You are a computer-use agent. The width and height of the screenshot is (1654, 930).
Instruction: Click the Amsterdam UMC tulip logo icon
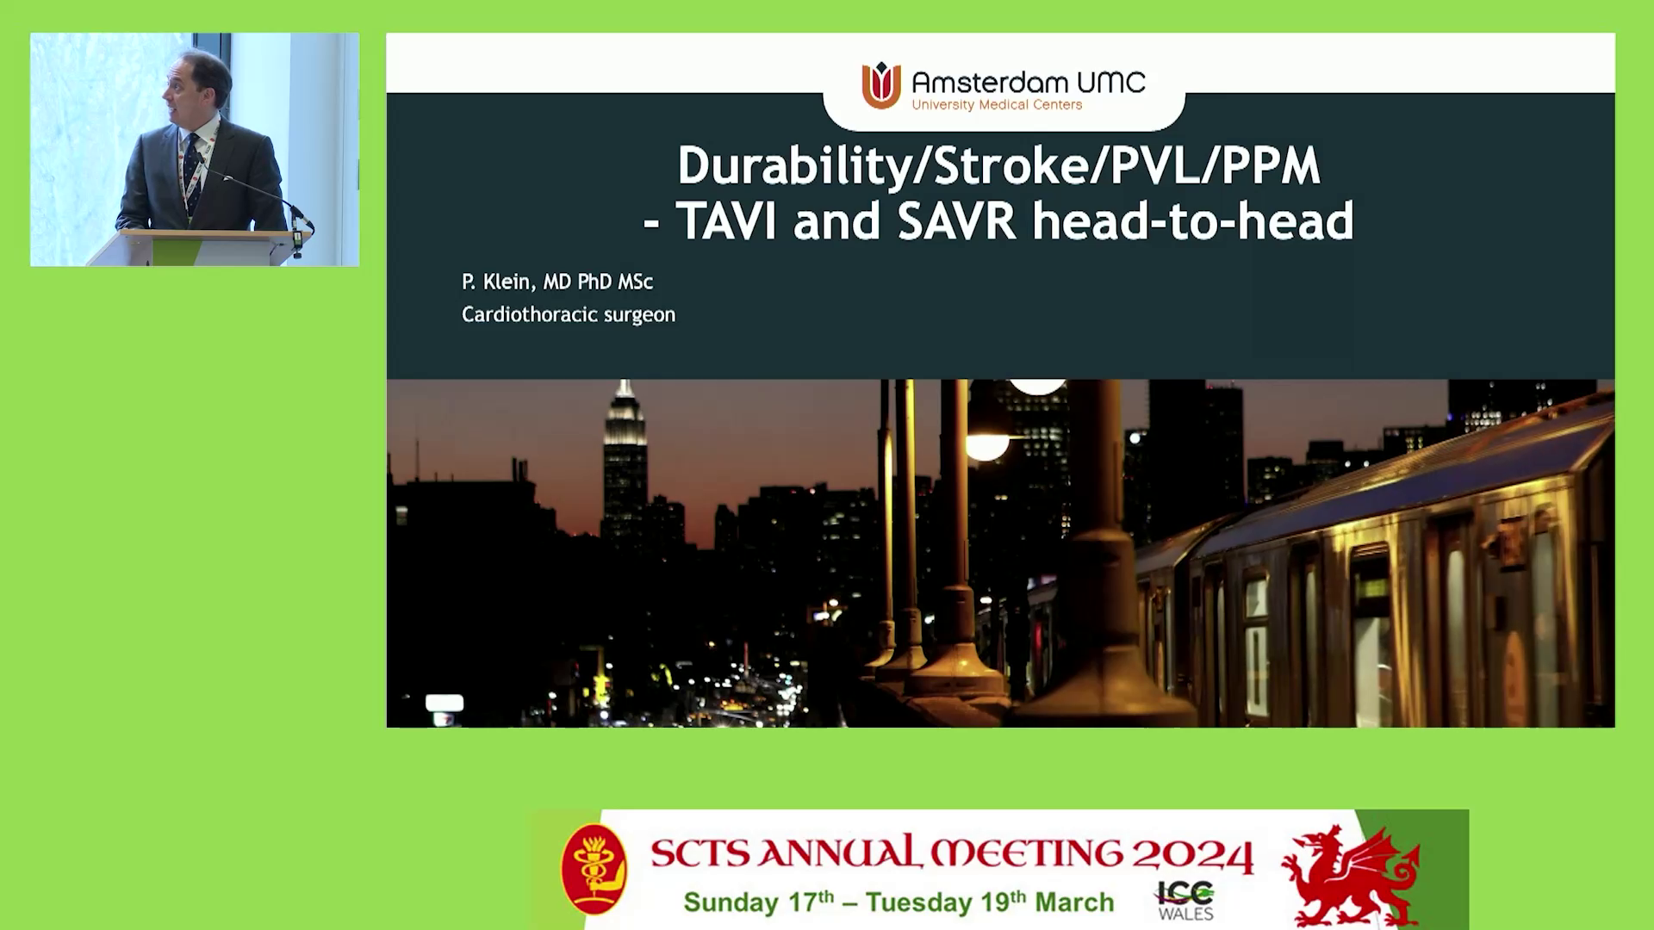point(881,85)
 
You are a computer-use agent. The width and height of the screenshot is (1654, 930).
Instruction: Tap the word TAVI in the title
point(727,220)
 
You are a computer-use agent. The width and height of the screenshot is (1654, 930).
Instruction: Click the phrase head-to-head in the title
point(1193,220)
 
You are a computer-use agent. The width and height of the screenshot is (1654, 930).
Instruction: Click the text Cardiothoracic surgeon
point(569,315)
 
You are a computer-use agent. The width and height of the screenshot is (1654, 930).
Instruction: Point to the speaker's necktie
point(192,172)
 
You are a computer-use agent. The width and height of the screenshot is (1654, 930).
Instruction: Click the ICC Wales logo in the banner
point(1185,901)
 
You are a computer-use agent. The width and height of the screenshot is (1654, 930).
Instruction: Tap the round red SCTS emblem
point(594,869)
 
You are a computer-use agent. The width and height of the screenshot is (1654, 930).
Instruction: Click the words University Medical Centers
point(997,105)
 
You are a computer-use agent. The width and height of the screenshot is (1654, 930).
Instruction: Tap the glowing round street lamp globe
point(986,446)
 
